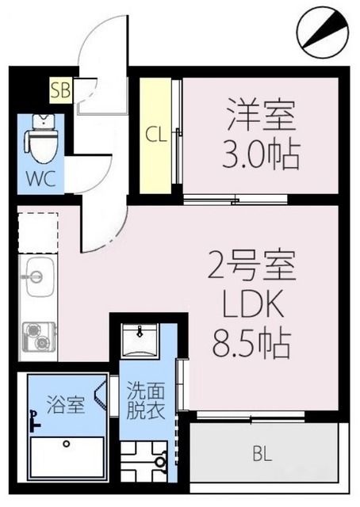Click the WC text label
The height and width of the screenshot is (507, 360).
40,178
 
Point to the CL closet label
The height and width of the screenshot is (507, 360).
155,134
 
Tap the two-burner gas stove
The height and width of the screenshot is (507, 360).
37,337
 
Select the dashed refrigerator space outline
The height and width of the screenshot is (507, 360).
37,232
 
